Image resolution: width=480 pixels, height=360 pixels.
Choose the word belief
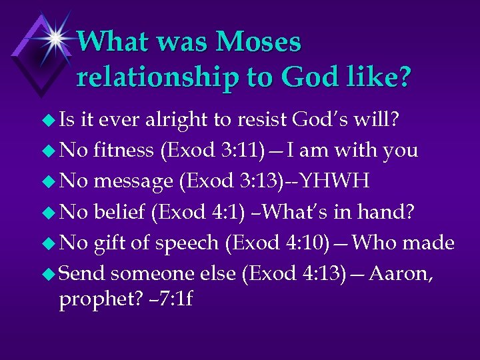tap(120, 211)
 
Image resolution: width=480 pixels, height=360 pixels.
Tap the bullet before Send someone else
tap(48, 274)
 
